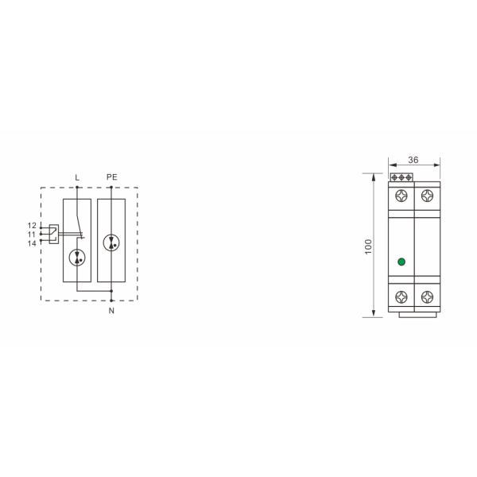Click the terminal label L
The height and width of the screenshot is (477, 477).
click(x=77, y=177)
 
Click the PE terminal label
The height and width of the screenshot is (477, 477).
click(x=111, y=176)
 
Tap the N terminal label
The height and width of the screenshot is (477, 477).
click(x=111, y=311)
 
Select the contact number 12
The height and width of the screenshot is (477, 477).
click(x=32, y=226)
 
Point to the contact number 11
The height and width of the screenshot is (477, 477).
click(x=32, y=235)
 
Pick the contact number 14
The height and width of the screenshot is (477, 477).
click(x=32, y=243)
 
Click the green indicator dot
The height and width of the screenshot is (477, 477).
click(x=401, y=262)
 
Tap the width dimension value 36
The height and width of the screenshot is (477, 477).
click(x=413, y=160)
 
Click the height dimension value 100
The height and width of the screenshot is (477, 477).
click(x=368, y=246)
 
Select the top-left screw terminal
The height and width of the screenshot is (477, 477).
click(x=401, y=196)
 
